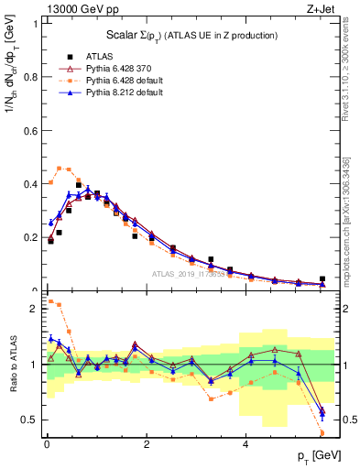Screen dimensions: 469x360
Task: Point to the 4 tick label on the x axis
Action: tap(245, 444)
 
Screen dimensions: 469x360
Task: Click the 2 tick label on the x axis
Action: tap(147, 444)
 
